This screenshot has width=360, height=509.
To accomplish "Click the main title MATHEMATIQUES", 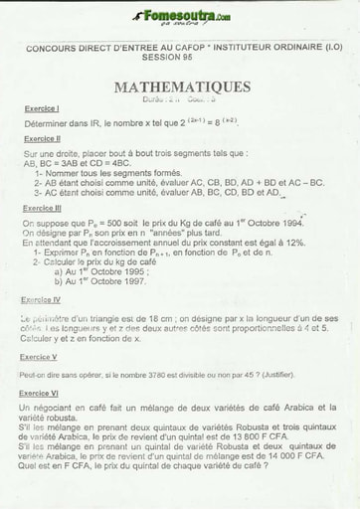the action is pyautogui.click(x=182, y=87).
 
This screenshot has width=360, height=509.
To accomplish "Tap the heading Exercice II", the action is pyautogui.click(x=43, y=138).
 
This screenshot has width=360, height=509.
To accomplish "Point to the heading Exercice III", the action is pyautogui.click(x=44, y=209).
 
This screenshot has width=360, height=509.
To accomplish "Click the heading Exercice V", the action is pyautogui.click(x=39, y=356).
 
